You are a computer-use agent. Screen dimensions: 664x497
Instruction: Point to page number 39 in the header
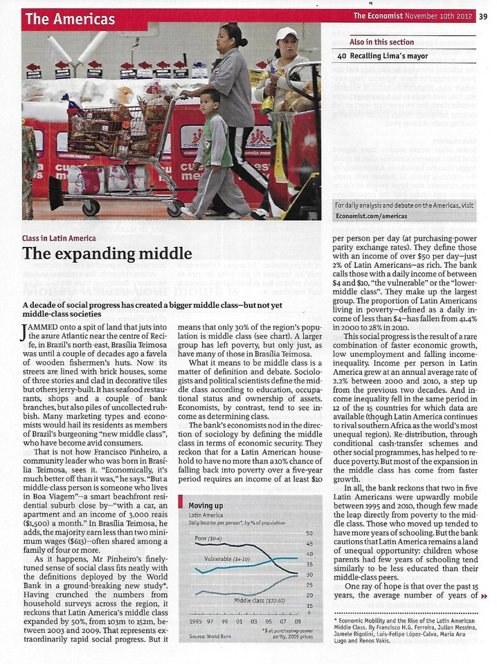[482, 17]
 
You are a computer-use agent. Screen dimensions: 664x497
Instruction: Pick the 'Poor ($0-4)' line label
[207, 537]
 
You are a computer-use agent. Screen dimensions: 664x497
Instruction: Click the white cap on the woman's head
[286, 33]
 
